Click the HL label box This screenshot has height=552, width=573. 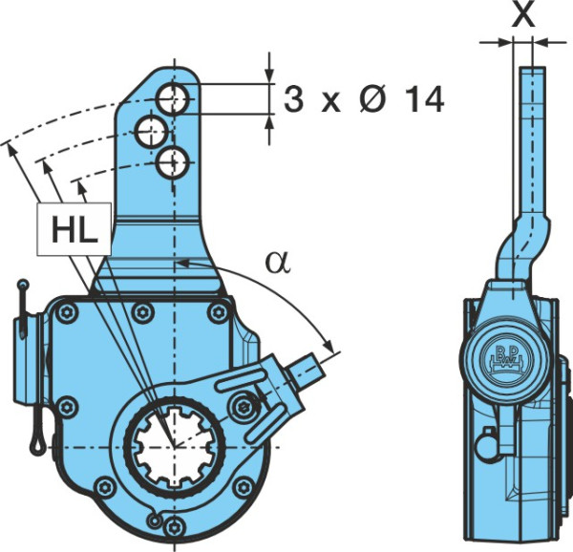pyautogui.click(x=74, y=228)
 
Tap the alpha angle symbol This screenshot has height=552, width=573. pyautogui.click(x=279, y=263)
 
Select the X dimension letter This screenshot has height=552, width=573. pyautogui.click(x=523, y=15)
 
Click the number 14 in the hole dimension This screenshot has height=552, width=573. pyautogui.click(x=425, y=99)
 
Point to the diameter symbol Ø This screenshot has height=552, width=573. pyautogui.click(x=373, y=99)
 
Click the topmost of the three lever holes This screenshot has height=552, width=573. pyautogui.click(x=173, y=98)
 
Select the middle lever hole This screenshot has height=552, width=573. pyautogui.click(x=152, y=132)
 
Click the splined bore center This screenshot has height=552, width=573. pyautogui.click(x=175, y=446)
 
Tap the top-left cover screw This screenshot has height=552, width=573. pyautogui.click(x=67, y=312)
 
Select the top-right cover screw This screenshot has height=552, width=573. pyautogui.click(x=218, y=312)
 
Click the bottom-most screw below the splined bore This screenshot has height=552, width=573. pyautogui.click(x=174, y=528)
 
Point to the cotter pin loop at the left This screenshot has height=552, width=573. pyautogui.click(x=37, y=443)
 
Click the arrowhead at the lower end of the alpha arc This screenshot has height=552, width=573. pyautogui.click(x=329, y=345)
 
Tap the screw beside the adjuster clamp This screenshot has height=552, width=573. pyautogui.click(x=243, y=406)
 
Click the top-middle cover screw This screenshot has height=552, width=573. pyautogui.click(x=142, y=312)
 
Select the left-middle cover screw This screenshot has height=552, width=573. pyautogui.click(x=67, y=406)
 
